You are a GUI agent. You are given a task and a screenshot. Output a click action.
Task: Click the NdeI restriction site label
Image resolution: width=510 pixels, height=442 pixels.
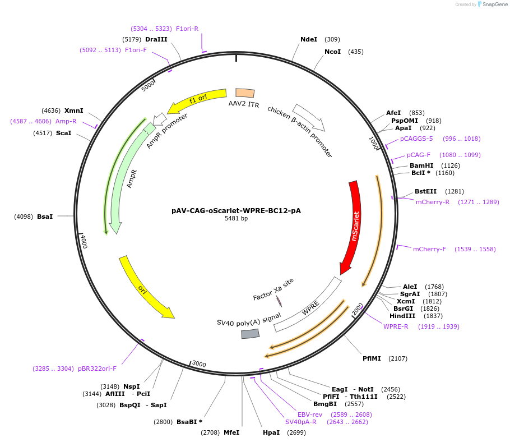(309, 39)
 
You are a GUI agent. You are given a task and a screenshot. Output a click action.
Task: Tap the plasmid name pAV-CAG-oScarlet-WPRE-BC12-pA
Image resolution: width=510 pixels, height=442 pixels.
(236, 211)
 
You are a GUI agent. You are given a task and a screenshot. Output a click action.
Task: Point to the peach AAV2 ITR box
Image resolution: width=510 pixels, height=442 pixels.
(245, 93)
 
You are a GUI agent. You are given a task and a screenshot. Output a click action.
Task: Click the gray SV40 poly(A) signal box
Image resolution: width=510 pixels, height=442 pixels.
(250, 333)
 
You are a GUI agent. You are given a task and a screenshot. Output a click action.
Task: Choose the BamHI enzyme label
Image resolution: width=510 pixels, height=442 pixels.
(421, 165)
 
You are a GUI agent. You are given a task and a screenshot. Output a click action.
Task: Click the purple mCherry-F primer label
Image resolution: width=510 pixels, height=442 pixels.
(429, 249)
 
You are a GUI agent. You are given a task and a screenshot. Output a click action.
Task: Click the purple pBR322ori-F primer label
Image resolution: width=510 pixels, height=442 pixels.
(97, 369)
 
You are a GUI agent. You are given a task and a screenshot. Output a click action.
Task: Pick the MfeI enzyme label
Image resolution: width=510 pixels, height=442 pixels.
(231, 432)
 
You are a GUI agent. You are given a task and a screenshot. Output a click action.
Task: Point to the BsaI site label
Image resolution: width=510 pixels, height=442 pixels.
(45, 216)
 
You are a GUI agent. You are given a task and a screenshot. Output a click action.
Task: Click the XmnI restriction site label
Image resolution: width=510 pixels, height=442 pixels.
(74, 110)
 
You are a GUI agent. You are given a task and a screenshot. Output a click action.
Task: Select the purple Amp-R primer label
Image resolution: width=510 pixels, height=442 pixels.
(66, 121)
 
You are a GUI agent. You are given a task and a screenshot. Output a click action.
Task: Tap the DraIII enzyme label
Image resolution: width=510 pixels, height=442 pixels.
(156, 39)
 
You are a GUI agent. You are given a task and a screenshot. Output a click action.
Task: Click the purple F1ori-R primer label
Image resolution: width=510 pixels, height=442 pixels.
(187, 29)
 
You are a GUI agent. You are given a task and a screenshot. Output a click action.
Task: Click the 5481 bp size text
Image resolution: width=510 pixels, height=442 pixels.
(236, 219)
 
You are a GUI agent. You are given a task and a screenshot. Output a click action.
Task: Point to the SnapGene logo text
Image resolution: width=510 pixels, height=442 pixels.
(494, 4)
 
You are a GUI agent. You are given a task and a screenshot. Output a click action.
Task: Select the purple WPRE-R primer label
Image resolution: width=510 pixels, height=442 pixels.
(396, 326)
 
